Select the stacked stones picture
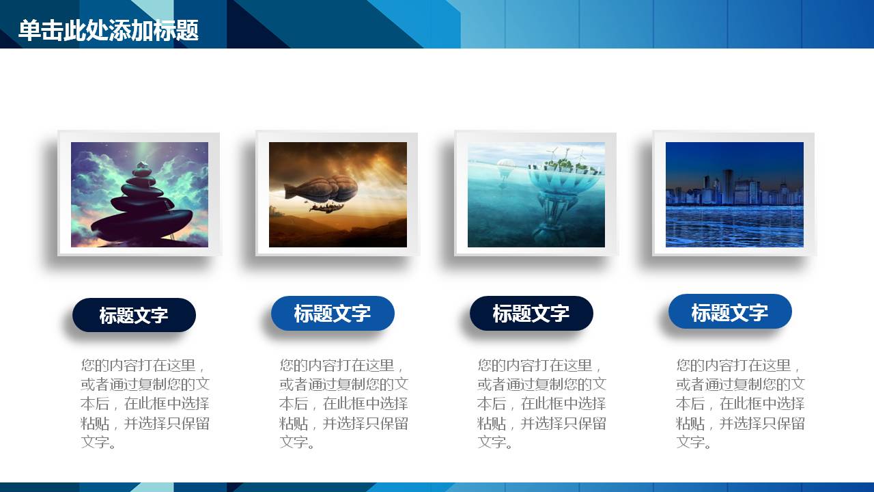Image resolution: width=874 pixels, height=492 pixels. tap(139, 194)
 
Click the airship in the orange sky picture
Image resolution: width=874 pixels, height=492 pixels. tap(338, 194)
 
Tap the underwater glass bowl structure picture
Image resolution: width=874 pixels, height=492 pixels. tap(536, 194)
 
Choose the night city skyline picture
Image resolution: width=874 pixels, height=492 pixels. tap(734, 194)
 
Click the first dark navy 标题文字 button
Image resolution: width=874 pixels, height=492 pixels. tap(134, 315)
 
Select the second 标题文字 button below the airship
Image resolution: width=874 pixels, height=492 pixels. tap(333, 314)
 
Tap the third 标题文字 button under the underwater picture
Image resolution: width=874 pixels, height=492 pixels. tap(531, 314)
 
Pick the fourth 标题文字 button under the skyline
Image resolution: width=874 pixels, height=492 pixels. tap(730, 312)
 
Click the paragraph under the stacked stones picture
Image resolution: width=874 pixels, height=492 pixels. tap(145, 403)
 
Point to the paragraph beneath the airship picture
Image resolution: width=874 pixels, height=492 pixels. tap(343, 403)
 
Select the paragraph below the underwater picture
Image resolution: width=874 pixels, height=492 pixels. tap(541, 403)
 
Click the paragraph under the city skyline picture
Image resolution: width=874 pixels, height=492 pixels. tap(740, 403)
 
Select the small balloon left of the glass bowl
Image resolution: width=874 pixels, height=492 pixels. tap(506, 166)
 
